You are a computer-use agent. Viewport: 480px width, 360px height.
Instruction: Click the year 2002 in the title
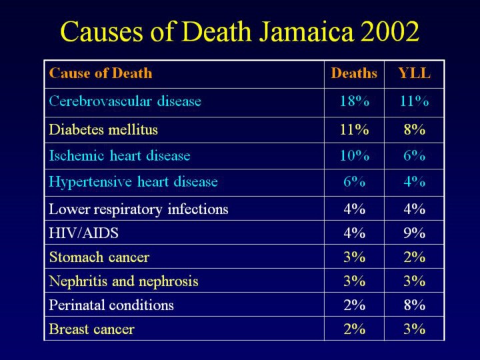tap(390, 31)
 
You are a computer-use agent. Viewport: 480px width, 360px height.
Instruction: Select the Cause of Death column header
tap(101, 73)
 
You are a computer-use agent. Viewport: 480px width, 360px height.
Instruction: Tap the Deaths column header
tap(354, 73)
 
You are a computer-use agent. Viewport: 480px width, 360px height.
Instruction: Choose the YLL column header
tap(414, 73)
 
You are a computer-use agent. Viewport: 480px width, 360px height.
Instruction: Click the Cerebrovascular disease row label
tap(125, 102)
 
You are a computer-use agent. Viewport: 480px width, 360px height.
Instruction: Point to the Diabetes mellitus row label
tap(103, 129)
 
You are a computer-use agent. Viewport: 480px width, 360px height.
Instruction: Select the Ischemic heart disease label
tap(120, 156)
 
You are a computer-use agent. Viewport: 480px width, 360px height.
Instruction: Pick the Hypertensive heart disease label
tap(133, 181)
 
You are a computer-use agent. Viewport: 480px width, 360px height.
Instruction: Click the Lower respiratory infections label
tap(139, 209)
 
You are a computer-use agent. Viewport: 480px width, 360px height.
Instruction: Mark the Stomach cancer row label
tap(99, 257)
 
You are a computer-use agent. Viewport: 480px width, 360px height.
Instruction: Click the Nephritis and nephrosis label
tap(123, 281)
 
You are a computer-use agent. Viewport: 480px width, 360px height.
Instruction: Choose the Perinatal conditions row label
tap(111, 305)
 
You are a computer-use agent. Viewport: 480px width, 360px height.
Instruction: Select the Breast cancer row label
tap(91, 329)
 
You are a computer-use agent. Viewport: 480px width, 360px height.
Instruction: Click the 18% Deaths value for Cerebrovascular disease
tap(354, 102)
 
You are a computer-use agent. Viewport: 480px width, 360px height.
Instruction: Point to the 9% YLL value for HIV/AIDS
tap(414, 233)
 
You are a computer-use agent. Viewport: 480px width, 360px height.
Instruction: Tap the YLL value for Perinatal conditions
tap(414, 305)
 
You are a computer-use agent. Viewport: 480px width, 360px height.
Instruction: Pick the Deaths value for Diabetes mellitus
tap(354, 129)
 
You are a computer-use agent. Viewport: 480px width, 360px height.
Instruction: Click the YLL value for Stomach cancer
tap(414, 257)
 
